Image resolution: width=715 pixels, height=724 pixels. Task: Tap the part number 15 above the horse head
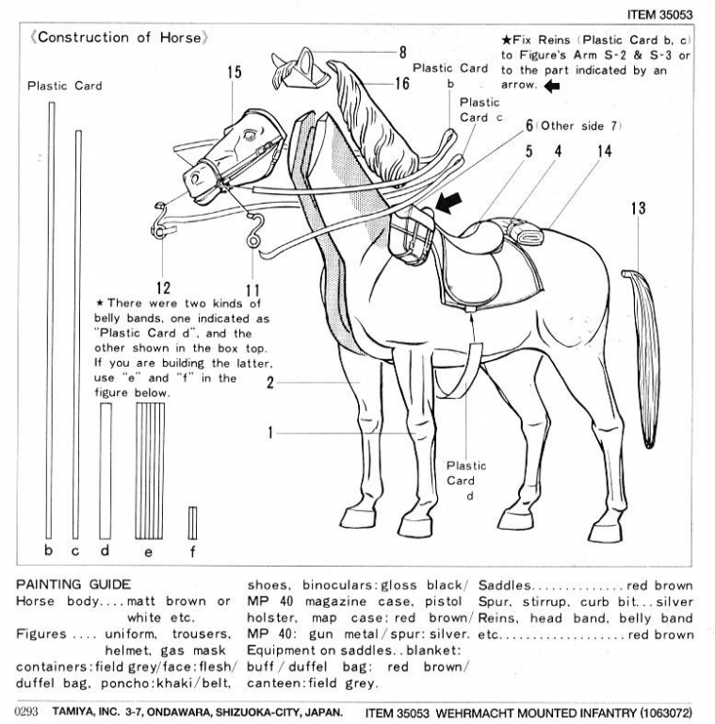[235, 72]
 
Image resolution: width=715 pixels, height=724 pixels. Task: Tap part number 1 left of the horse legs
[270, 435]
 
